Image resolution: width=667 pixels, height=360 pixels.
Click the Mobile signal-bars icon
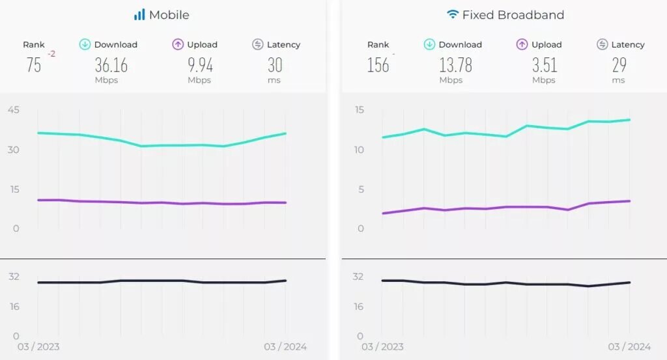click(x=139, y=14)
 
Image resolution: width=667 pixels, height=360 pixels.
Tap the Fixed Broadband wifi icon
click(x=453, y=14)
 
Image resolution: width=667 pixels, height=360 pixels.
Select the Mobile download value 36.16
click(x=111, y=65)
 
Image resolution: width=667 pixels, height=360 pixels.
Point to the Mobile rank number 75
click(x=34, y=65)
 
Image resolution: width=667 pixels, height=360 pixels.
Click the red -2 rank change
click(x=51, y=54)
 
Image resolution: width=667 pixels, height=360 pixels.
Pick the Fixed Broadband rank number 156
click(x=378, y=65)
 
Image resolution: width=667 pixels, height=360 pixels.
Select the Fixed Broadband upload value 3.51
click(x=544, y=65)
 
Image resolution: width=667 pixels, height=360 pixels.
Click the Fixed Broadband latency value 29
click(x=619, y=65)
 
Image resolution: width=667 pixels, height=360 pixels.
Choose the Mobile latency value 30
click(x=275, y=65)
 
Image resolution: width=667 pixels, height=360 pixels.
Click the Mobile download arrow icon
click(x=85, y=44)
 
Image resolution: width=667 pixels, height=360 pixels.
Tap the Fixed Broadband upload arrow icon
click(x=522, y=44)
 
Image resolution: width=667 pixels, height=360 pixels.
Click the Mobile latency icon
click(x=257, y=44)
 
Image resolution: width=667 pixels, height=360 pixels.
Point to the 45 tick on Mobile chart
click(x=13, y=110)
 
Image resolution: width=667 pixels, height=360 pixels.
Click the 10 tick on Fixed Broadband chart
click(x=358, y=150)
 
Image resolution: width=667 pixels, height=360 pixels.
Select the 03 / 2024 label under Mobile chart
click(x=285, y=347)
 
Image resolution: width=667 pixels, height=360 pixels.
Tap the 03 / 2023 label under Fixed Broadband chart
click(x=382, y=347)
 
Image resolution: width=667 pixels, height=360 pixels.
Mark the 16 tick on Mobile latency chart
click(x=13, y=307)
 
